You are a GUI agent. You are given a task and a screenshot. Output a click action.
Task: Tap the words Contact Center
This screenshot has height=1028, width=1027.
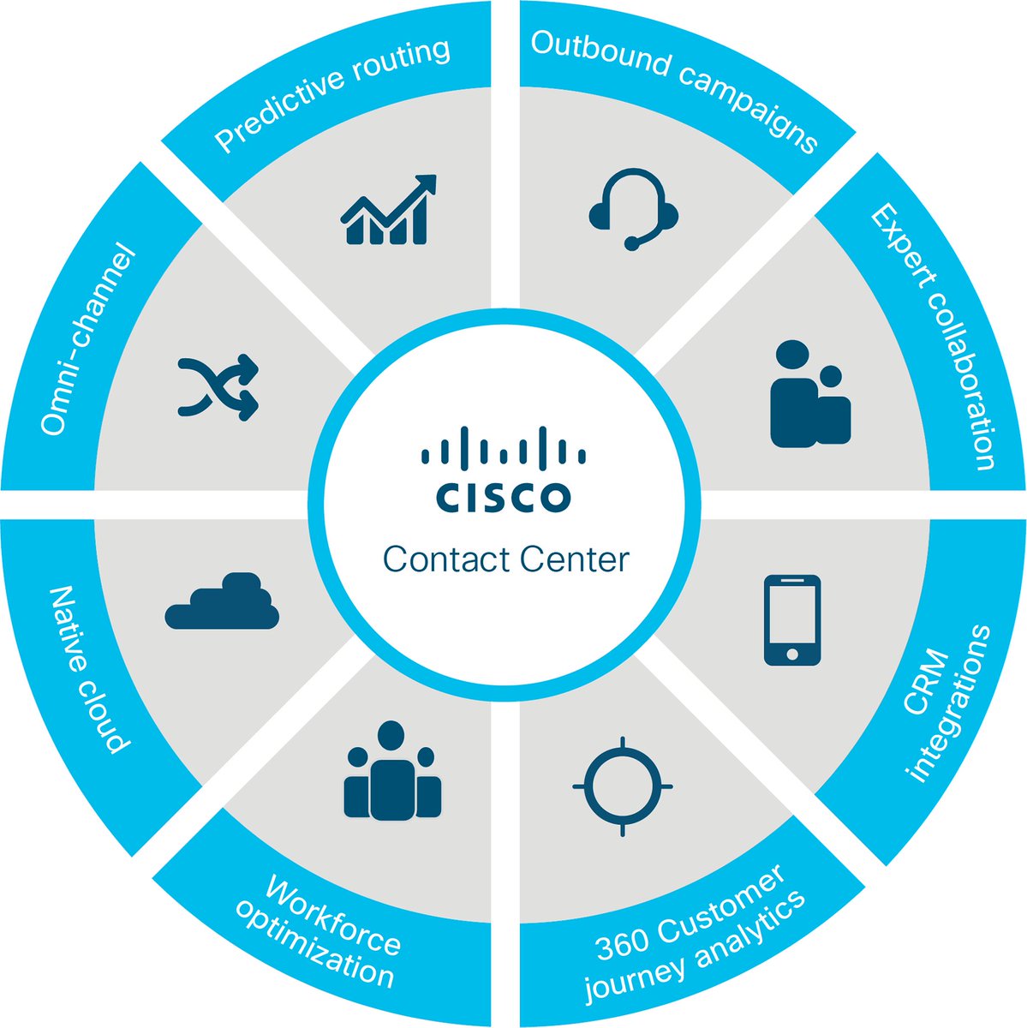click(505, 560)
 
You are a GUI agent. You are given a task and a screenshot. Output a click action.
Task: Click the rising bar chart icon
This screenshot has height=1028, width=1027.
click(388, 210)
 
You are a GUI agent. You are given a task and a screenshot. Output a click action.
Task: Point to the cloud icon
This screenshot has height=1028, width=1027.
click(222, 602)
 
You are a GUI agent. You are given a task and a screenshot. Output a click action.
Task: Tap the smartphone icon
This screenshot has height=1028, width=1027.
click(791, 619)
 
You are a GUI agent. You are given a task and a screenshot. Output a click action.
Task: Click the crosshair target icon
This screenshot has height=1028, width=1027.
click(623, 786)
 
